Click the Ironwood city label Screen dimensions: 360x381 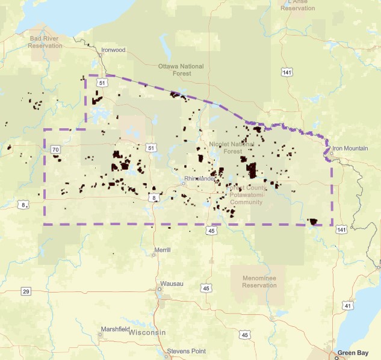pyautogui.click(x=113, y=50)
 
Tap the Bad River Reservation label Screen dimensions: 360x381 pyautogui.click(x=46, y=42)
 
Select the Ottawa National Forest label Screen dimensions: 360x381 pyautogui.click(x=181, y=70)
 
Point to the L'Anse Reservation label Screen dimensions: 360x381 pyautogui.click(x=298, y=5)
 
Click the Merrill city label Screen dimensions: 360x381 pyautogui.click(x=163, y=249)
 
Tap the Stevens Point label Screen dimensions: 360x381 pyautogui.click(x=186, y=350)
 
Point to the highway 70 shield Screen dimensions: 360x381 pyautogui.click(x=55, y=149)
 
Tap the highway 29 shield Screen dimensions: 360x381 pyautogui.click(x=26, y=291)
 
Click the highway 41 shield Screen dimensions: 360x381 pyautogui.click(x=347, y=306)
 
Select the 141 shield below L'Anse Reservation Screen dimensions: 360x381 pyautogui.click(x=288, y=72)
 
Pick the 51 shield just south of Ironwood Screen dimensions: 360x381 pyautogui.click(x=103, y=82)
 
